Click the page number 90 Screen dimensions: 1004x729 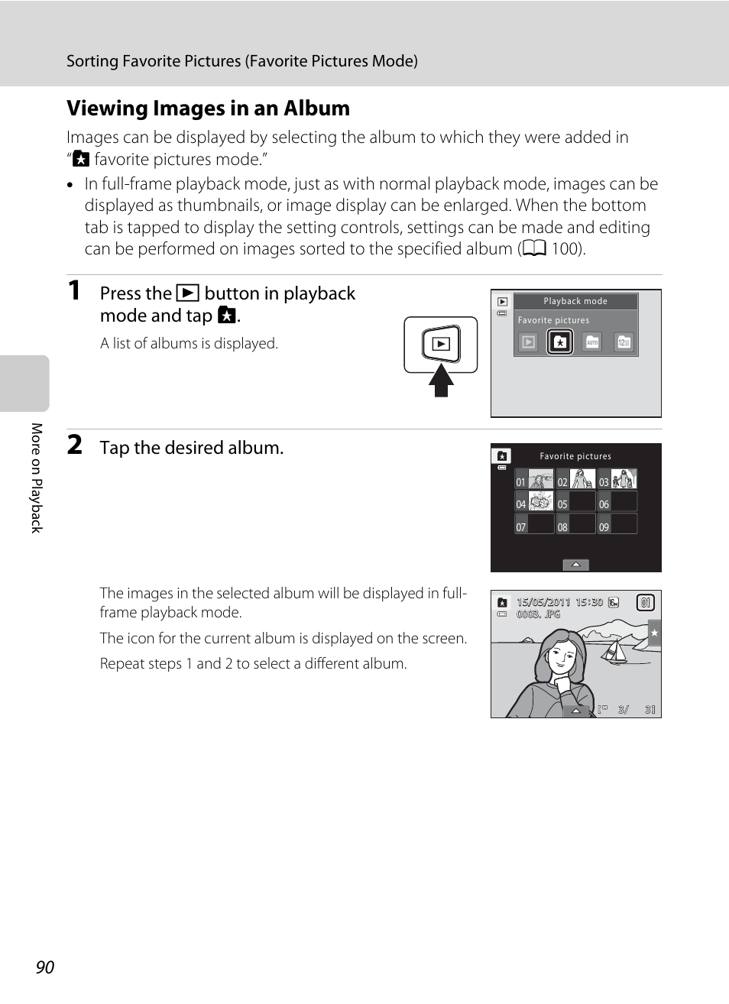[x=45, y=967]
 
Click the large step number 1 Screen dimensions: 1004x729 [x=74, y=290]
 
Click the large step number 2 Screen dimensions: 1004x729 [x=75, y=445]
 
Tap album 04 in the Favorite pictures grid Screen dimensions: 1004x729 [x=534, y=502]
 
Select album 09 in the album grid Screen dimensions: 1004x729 [x=617, y=525]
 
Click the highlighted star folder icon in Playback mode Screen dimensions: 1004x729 [x=560, y=342]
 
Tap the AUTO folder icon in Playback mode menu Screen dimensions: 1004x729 [x=592, y=342]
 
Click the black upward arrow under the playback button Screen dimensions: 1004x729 [x=441, y=381]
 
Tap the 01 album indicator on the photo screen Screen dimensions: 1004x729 [x=646, y=603]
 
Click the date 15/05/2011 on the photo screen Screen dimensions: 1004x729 [x=543, y=602]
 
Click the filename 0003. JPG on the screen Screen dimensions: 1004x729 [x=538, y=614]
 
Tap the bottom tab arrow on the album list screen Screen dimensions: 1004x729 [x=575, y=565]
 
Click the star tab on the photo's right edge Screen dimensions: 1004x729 [x=654, y=633]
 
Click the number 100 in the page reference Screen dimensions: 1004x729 [x=565, y=249]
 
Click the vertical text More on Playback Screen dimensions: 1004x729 [x=37, y=478]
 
